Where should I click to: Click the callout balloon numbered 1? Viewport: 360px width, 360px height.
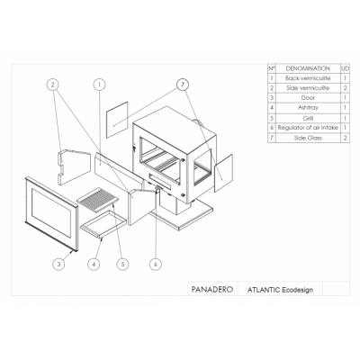(99, 85)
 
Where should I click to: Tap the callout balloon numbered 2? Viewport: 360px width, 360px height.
(53, 85)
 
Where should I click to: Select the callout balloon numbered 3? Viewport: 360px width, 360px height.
(59, 264)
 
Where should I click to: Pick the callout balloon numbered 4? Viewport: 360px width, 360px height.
(94, 264)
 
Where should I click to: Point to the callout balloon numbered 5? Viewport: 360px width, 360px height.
(122, 264)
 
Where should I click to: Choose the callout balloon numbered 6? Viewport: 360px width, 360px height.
(156, 264)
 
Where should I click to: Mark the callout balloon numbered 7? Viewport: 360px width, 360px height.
(183, 85)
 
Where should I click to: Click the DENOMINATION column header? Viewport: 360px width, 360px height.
(308, 68)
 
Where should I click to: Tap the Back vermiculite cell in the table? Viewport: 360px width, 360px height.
(308, 78)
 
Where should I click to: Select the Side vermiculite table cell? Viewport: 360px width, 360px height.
(308, 88)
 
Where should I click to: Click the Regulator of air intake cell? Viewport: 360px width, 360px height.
(308, 128)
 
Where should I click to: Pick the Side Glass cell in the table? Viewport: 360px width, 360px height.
(308, 138)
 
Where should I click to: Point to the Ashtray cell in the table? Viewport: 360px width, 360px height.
(308, 107)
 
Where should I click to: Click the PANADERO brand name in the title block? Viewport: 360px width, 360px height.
(212, 289)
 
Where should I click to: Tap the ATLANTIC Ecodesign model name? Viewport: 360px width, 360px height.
(280, 290)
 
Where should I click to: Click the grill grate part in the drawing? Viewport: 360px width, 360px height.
(98, 197)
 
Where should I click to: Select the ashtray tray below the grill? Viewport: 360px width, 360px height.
(99, 224)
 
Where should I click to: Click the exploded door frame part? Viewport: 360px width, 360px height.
(51, 213)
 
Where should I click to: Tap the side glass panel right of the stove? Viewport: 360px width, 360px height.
(223, 173)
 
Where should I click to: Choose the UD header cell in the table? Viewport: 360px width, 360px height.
(346, 68)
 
